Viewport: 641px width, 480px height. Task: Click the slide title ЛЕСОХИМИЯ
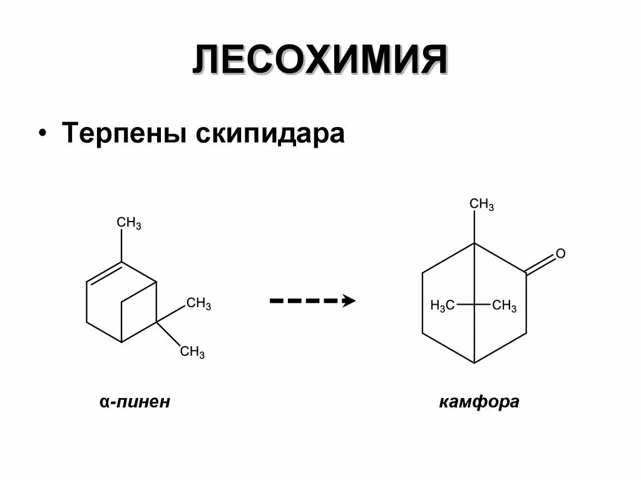pyautogui.click(x=320, y=61)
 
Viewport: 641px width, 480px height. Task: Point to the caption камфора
pyautogui.click(x=479, y=401)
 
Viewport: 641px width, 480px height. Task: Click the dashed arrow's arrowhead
pyautogui.click(x=349, y=301)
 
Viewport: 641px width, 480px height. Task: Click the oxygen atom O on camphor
pyautogui.click(x=560, y=253)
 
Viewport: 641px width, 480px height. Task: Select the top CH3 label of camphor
pyautogui.click(x=481, y=204)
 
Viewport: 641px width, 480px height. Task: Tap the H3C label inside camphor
pyautogui.click(x=442, y=306)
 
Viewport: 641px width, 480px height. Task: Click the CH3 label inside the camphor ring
pyautogui.click(x=505, y=306)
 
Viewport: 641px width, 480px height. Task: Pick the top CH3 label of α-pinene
pyautogui.click(x=129, y=223)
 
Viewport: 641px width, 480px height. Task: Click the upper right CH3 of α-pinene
pyautogui.click(x=199, y=304)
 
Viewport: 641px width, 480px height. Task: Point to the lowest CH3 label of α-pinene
pyautogui.click(x=192, y=352)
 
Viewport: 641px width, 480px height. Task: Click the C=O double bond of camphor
pyautogui.click(x=540, y=265)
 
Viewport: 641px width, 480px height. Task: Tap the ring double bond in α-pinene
pyautogui.click(x=103, y=273)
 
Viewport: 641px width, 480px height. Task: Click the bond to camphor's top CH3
pyautogui.click(x=474, y=227)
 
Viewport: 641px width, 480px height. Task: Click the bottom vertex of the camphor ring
pyautogui.click(x=474, y=362)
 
